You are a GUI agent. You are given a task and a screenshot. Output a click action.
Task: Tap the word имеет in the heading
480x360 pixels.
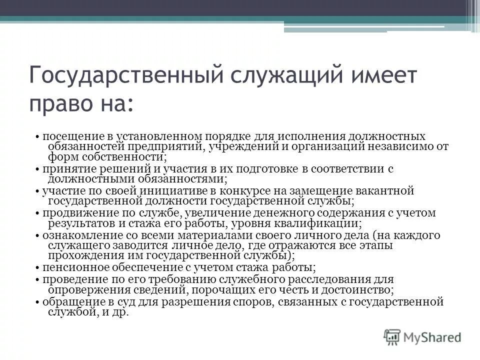point(375,76)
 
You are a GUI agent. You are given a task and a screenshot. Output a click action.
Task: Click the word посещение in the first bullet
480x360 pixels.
point(68,136)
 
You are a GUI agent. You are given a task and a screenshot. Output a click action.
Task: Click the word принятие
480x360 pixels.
point(65,169)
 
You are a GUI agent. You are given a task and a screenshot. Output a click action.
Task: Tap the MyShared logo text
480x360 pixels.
point(433,336)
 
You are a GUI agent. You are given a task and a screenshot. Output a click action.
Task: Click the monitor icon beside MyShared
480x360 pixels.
point(393,336)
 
